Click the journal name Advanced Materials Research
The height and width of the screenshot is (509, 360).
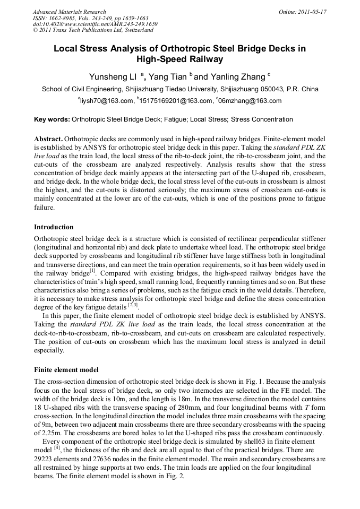point(69,12)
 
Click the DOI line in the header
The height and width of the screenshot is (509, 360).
point(95,24)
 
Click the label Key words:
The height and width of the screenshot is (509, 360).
point(51,119)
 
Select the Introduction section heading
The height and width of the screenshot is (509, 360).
point(54,227)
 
